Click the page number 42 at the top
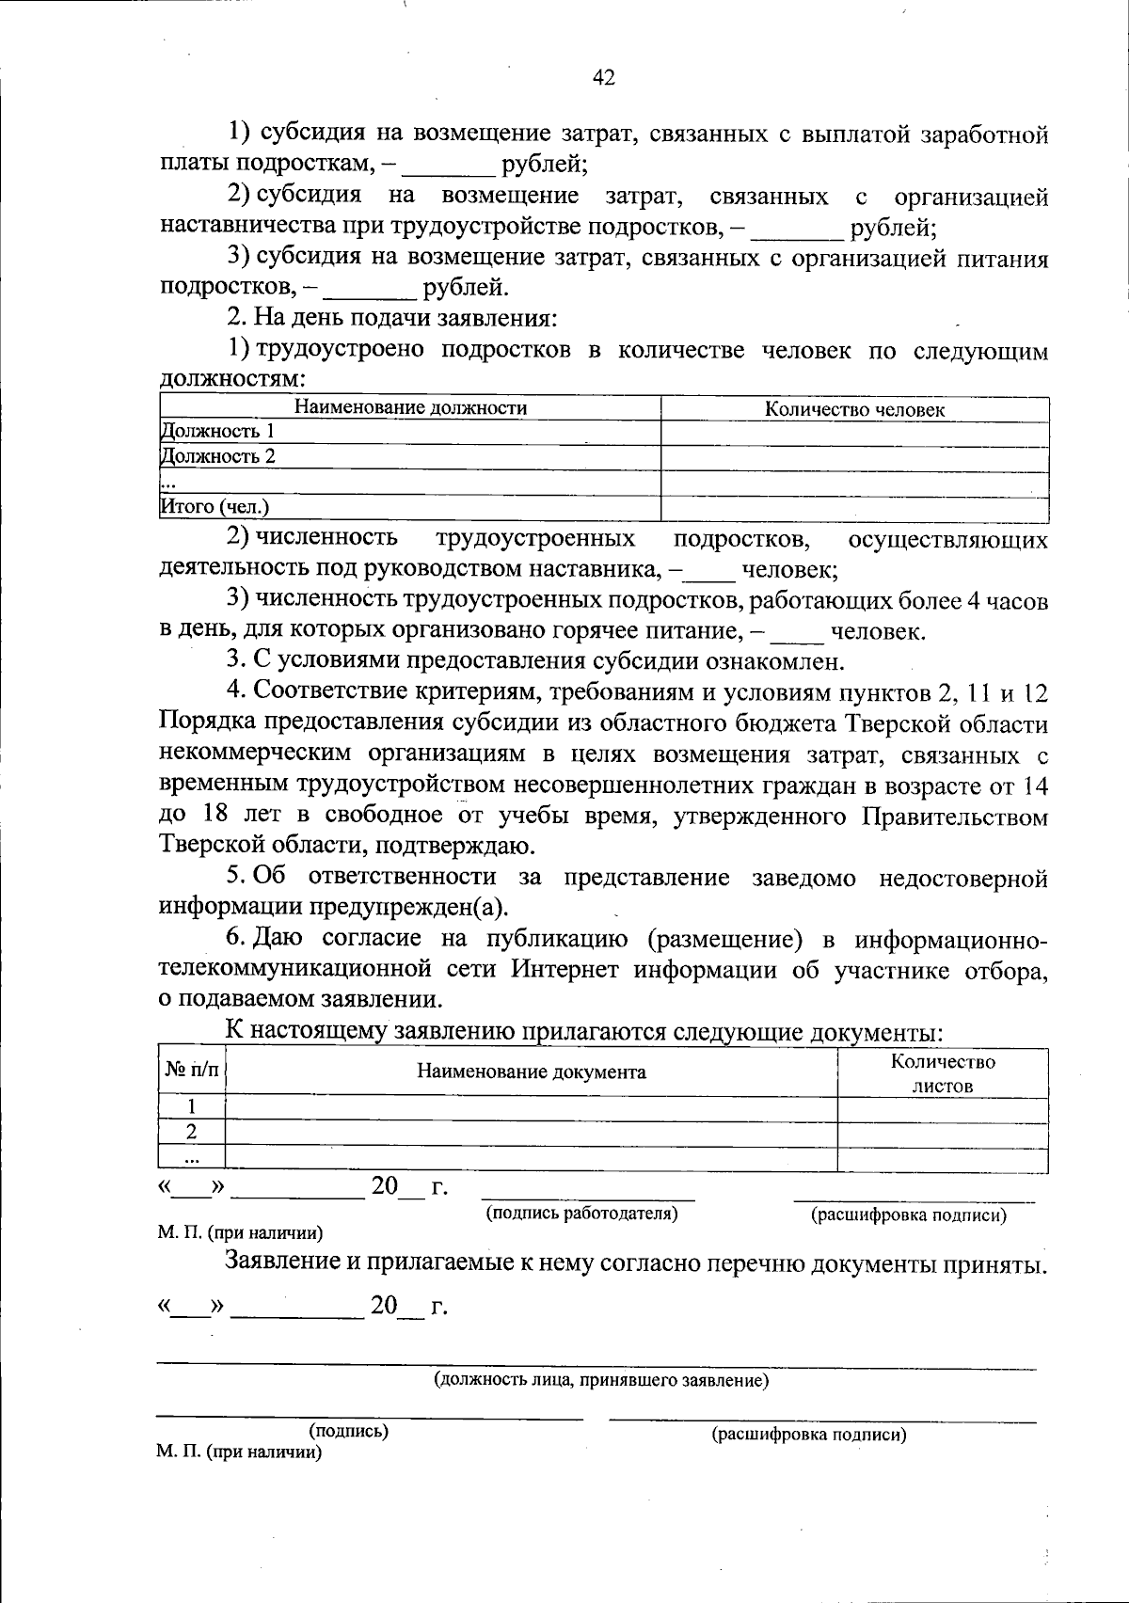pyautogui.click(x=604, y=78)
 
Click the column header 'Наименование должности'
pyautogui.click(x=411, y=408)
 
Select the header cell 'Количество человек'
pyautogui.click(x=854, y=409)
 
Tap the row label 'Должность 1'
pyautogui.click(x=217, y=432)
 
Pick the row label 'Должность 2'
pyautogui.click(x=217, y=457)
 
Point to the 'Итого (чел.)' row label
pyautogui.click(x=215, y=507)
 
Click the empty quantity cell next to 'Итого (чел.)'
pyautogui.click(x=854, y=508)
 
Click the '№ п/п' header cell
pyautogui.click(x=191, y=1071)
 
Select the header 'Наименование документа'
pyautogui.click(x=532, y=1071)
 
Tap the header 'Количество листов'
pyautogui.click(x=943, y=1073)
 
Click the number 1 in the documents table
pyautogui.click(x=191, y=1107)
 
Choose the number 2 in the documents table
pyautogui.click(x=191, y=1132)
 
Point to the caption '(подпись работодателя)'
pyautogui.click(x=581, y=1214)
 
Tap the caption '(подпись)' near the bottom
pyautogui.click(x=349, y=1432)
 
